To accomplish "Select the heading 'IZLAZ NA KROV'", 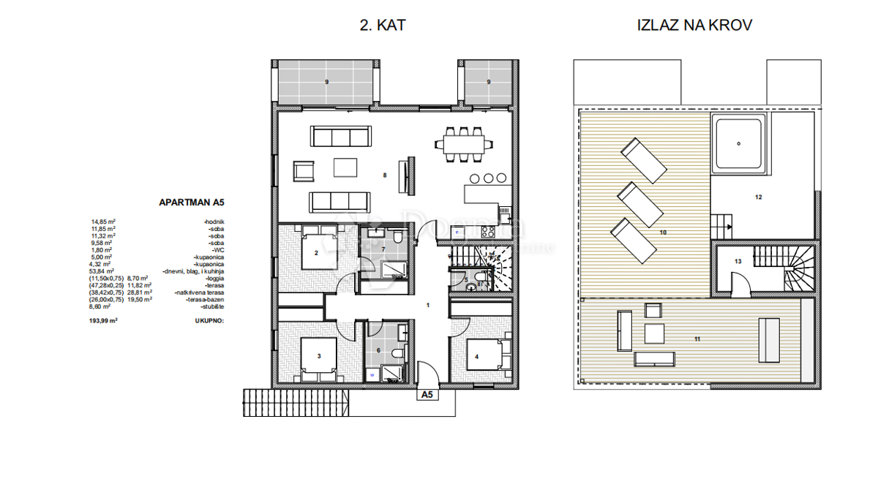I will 695,26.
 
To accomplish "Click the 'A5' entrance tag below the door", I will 427,396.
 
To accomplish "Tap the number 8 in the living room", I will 384,176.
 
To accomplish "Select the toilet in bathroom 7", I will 395,238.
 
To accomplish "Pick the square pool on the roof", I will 740,144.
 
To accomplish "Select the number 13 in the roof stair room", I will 738,261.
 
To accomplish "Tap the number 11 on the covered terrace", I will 697,339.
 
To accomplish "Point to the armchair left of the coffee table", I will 302,171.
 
